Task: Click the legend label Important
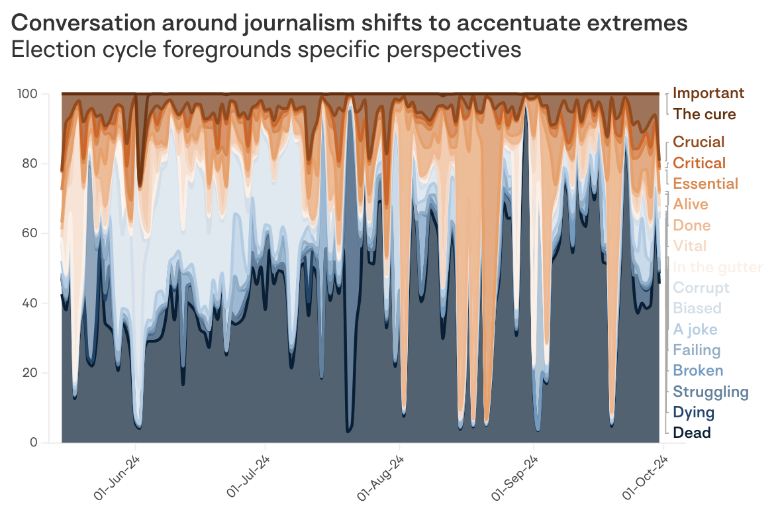point(708,93)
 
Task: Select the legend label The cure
point(705,114)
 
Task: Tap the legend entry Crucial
point(699,142)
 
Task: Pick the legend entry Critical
point(699,163)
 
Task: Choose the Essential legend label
point(705,183)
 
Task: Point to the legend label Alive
point(691,204)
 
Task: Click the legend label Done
point(692,225)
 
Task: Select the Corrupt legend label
point(701,287)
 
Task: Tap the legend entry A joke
point(695,329)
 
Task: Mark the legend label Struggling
point(710,391)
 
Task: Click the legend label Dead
point(692,433)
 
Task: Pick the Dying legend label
point(694,413)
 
